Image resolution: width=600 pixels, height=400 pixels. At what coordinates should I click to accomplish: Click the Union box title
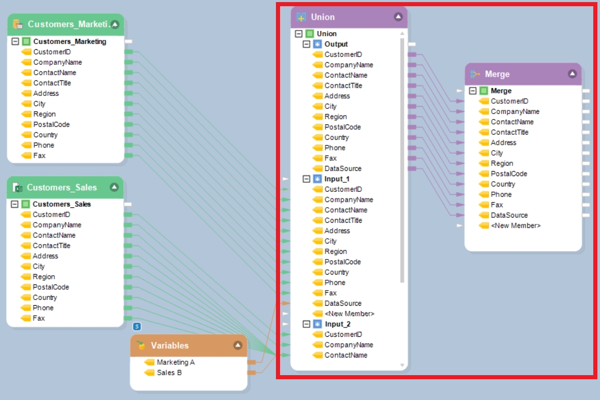point(323,17)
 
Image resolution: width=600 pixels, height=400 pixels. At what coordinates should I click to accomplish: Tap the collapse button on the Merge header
point(572,74)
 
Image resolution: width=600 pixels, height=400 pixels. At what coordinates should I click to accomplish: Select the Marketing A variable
point(175,362)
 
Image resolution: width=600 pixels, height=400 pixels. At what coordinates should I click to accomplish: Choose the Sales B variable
point(169,373)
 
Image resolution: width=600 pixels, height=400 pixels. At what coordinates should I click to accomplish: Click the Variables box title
point(170,346)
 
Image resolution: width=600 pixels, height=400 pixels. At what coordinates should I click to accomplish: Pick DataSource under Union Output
point(343,168)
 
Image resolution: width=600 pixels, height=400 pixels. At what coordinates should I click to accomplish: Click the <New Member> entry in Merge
point(516,225)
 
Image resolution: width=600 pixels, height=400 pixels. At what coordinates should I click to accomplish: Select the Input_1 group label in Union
point(337,179)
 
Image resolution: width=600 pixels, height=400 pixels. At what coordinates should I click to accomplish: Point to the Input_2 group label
point(338,324)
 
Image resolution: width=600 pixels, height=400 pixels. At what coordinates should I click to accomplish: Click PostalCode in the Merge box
point(509,174)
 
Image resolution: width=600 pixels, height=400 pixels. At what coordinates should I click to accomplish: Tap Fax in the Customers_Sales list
point(39,318)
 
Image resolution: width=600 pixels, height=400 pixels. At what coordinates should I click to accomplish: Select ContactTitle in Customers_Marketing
point(52,83)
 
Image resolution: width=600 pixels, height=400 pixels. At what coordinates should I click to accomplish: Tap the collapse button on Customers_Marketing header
point(115,24)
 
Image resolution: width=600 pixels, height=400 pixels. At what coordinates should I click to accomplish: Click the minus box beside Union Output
point(306,44)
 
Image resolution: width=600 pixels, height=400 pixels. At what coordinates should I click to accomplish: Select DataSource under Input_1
point(343,303)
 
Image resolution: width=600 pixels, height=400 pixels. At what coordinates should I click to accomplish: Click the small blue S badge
point(137,326)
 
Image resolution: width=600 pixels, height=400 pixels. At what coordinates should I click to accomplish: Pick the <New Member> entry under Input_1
point(349,313)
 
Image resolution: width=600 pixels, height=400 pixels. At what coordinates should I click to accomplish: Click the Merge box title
point(497,74)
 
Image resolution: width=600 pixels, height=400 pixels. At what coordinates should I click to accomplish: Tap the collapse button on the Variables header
point(238,346)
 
